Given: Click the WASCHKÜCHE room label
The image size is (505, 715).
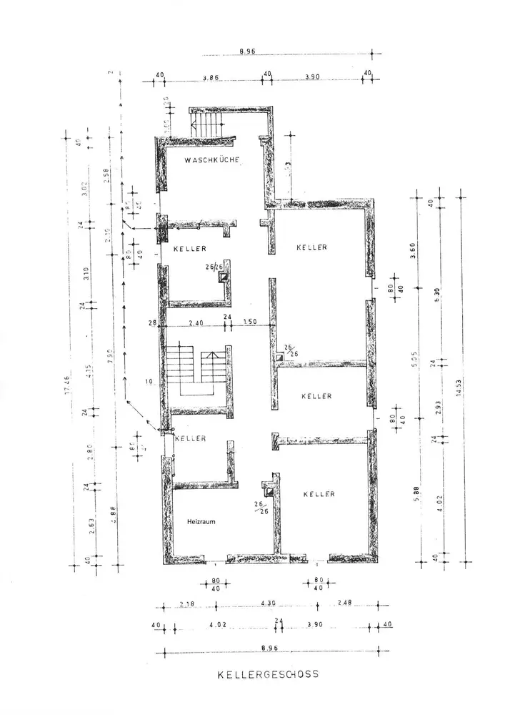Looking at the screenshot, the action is click(x=211, y=160).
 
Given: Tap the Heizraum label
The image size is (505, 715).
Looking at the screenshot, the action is click(x=202, y=521).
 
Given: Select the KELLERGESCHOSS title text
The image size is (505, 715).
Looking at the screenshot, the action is click(x=268, y=674).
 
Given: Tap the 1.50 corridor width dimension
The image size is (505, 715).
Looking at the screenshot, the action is click(x=250, y=323).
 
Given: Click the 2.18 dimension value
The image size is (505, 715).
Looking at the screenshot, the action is click(x=186, y=604).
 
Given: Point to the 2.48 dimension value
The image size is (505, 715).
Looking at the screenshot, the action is click(x=345, y=604).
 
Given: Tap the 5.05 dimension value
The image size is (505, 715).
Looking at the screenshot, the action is click(x=416, y=350).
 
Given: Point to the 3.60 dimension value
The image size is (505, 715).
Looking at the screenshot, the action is click(x=416, y=250).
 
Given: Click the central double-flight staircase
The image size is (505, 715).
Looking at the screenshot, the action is click(x=193, y=369).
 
